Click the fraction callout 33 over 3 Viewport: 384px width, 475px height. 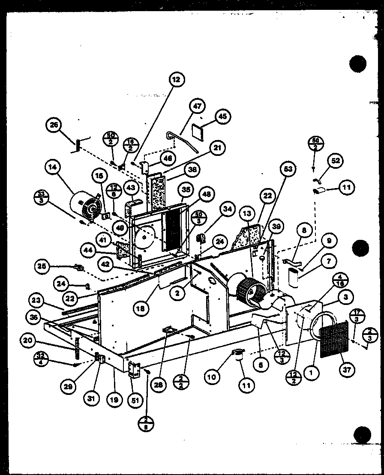[x=41, y=199]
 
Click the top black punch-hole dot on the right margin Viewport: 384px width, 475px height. [x=358, y=64]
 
